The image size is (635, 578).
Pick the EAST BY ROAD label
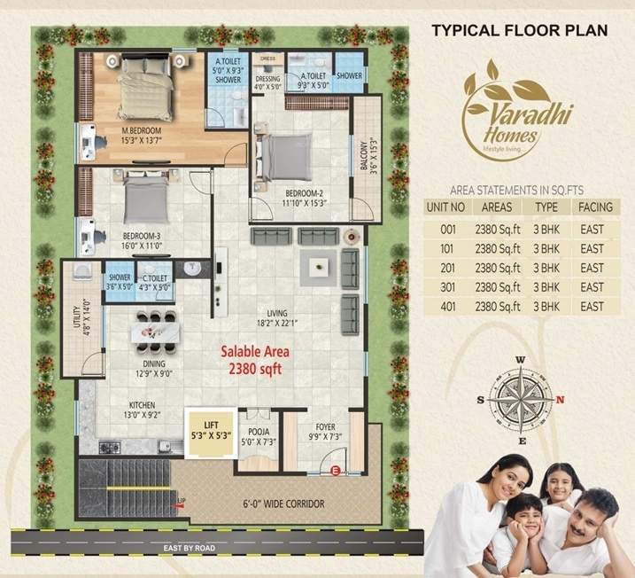tap(190, 548)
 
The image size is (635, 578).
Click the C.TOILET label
tap(157, 282)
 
